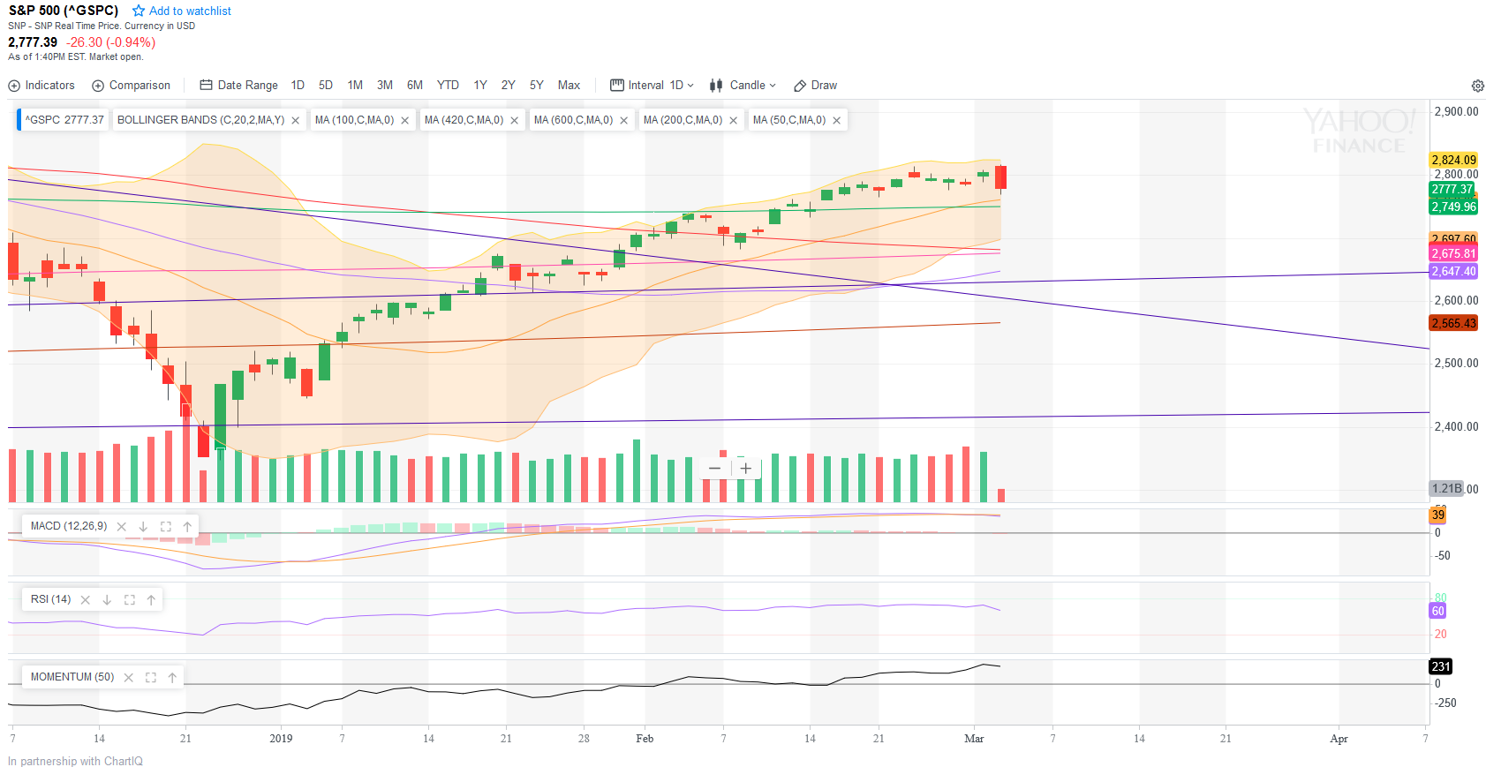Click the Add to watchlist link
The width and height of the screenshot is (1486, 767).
point(182,11)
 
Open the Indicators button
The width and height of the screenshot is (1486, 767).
point(41,86)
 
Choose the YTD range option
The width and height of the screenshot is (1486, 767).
point(448,86)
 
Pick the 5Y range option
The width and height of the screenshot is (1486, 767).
point(536,86)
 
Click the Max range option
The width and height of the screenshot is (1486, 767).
point(569,86)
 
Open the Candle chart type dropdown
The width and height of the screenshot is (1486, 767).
point(743,86)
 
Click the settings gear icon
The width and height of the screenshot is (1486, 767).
point(1477,86)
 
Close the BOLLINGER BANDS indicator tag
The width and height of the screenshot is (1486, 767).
point(296,121)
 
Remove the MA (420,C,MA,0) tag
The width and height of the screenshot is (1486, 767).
point(515,121)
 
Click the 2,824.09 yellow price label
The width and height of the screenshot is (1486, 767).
point(1453,160)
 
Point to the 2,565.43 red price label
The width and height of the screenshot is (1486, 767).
point(1453,324)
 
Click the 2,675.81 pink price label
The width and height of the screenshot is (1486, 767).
point(1453,253)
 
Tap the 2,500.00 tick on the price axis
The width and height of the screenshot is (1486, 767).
point(1456,363)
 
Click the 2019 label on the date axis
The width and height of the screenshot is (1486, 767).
point(281,739)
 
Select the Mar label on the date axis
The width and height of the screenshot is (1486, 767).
point(974,739)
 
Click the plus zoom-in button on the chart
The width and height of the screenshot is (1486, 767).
point(746,469)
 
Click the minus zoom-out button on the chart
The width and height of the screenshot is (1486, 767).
point(714,469)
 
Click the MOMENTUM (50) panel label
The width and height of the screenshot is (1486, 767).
point(72,677)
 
